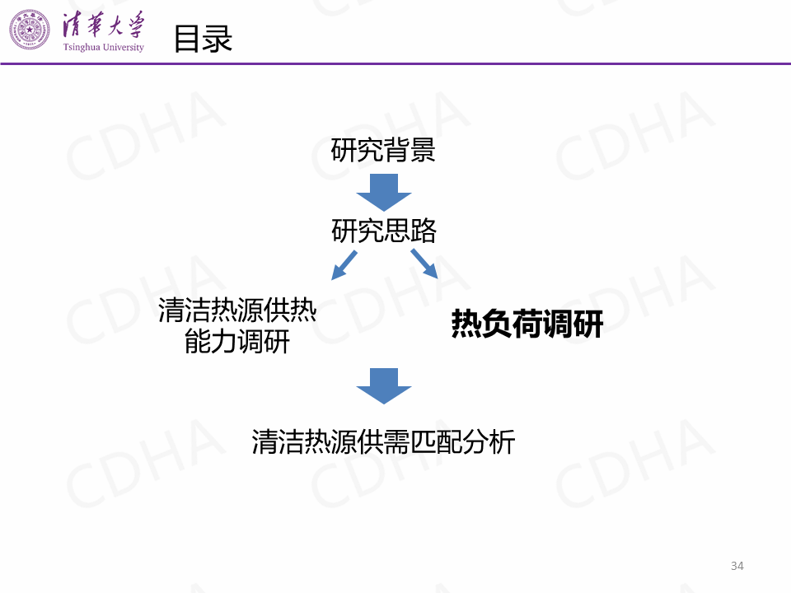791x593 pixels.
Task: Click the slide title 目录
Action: [x=203, y=38]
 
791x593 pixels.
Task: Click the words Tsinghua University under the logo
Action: [x=103, y=48]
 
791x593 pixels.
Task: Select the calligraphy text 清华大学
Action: [x=103, y=26]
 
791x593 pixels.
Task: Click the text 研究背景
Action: [x=383, y=151]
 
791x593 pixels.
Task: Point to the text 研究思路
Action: [x=383, y=231]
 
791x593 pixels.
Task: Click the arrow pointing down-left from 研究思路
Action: [x=344, y=264]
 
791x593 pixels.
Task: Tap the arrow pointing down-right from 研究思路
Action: [x=424, y=264]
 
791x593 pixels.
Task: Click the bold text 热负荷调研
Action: [x=527, y=325]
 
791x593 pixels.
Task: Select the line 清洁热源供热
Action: [x=237, y=311]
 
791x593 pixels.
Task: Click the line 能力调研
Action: [x=237, y=341]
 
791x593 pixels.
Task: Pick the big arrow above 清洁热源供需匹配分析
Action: [x=383, y=385]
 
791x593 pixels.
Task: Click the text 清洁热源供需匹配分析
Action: [x=383, y=441]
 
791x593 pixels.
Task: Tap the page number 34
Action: [x=737, y=566]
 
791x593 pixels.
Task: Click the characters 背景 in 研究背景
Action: [x=410, y=151]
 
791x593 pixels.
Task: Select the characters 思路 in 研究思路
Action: [x=410, y=231]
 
